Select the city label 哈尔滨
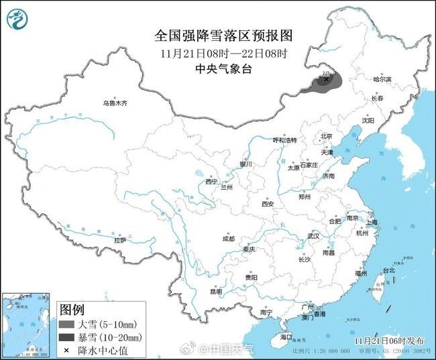pos(382,79)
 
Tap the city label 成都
pos(228,239)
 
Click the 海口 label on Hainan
pos(286,336)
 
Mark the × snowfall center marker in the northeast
pos(327,79)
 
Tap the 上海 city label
pos(371,221)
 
